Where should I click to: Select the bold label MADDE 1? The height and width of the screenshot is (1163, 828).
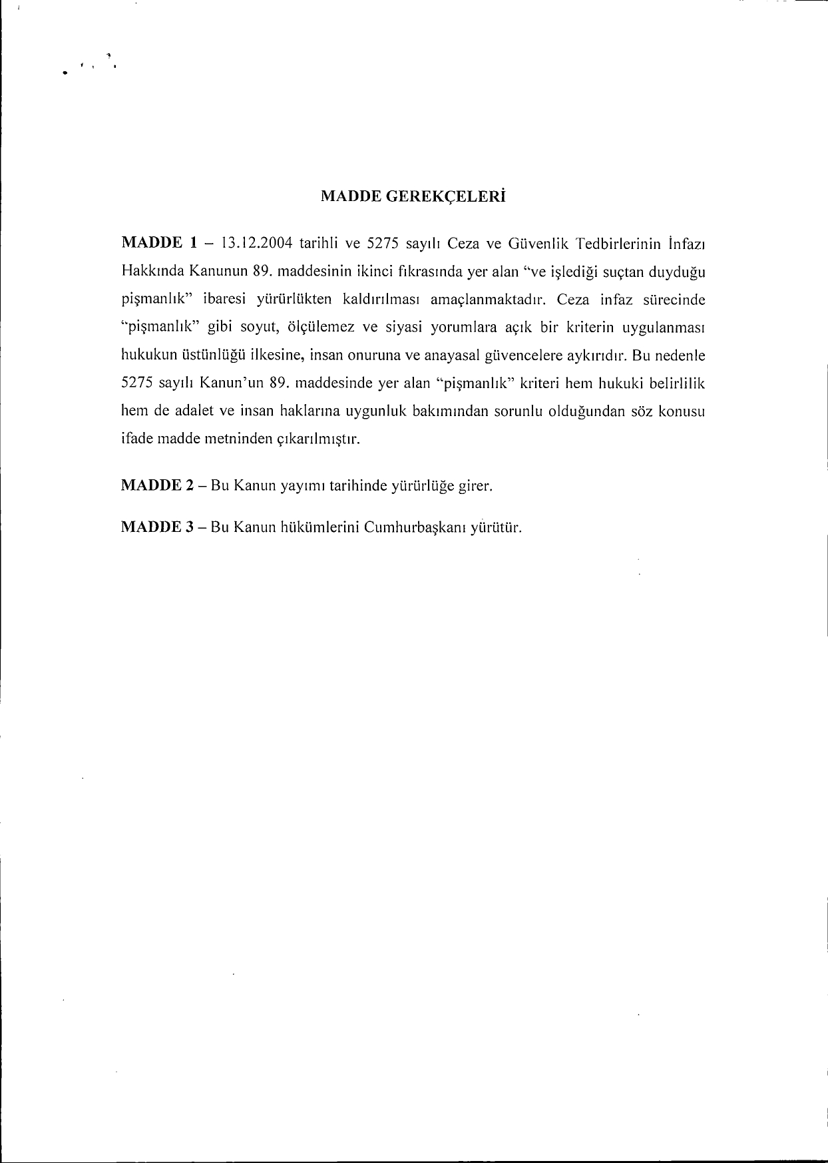(158, 243)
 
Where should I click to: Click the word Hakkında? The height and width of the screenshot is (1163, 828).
(152, 271)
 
